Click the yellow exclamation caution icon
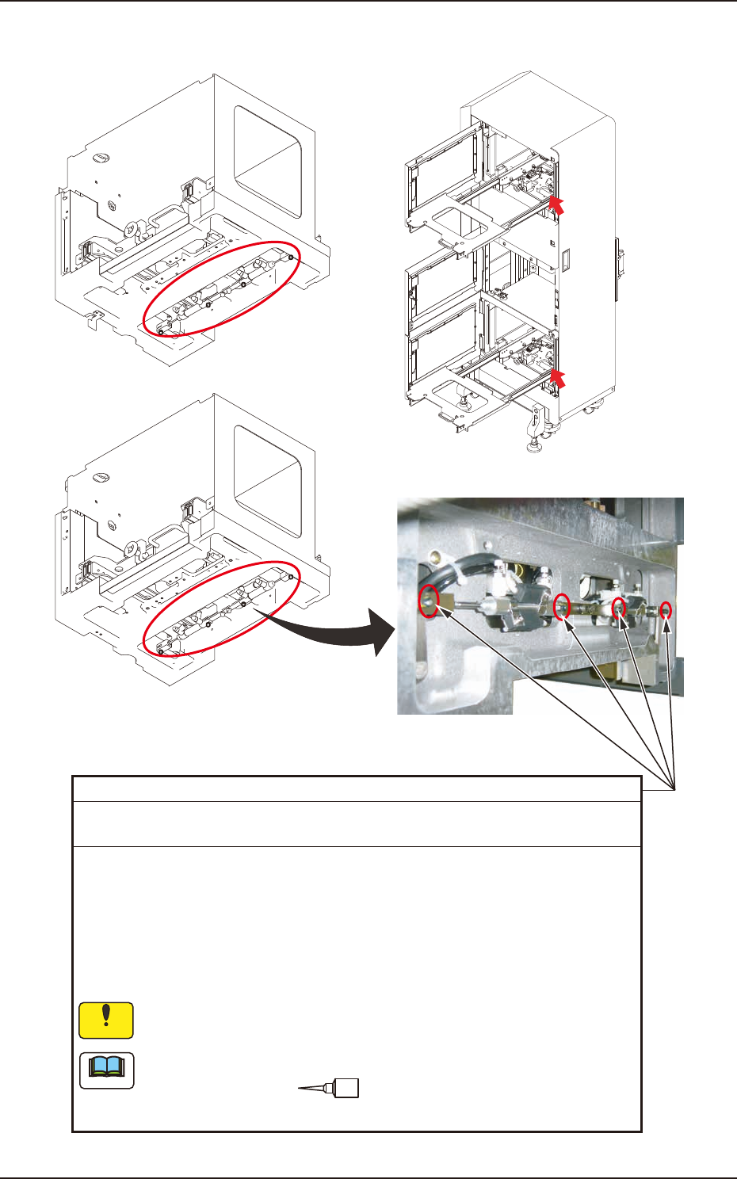point(106,1021)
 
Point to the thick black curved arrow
point(333,634)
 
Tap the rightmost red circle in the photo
point(666,611)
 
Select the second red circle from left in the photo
point(562,606)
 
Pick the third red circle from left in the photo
point(619,607)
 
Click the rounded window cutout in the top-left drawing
point(268,162)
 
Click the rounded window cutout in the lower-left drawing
point(268,481)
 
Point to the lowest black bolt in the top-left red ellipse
point(162,332)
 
